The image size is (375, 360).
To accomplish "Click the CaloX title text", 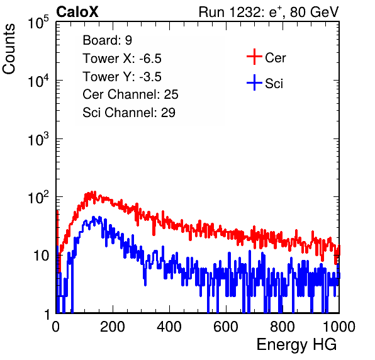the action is tap(77, 12).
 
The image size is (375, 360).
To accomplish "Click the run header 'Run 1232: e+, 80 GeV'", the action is tap(269, 12).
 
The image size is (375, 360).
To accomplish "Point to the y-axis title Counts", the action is tap(9, 49).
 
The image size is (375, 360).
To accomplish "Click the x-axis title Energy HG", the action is tap(296, 345).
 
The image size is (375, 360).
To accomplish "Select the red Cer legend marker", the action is tap(254, 57).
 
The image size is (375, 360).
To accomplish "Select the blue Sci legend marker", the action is tap(254, 83).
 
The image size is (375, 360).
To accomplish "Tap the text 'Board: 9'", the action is tap(107, 40).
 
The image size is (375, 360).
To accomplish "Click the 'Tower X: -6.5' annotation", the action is tap(122, 59).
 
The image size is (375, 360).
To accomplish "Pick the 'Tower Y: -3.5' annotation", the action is tap(122, 77).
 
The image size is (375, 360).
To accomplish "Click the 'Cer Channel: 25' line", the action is tap(130, 94).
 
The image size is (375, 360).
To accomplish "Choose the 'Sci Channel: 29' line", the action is tap(129, 113).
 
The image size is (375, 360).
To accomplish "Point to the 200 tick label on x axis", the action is tap(113, 327).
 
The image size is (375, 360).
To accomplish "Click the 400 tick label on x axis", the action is tap(169, 327).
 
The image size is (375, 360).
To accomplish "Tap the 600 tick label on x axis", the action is tap(226, 327).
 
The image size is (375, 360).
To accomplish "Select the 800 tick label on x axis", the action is tap(283, 327).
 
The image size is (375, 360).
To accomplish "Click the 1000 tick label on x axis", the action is tap(339, 327).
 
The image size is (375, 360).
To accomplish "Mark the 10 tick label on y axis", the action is tap(41, 256).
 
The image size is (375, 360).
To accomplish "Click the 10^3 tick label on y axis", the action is tap(38, 139).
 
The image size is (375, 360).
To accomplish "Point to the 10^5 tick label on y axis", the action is tap(38, 23).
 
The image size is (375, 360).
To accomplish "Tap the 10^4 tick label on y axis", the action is tap(38, 81).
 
